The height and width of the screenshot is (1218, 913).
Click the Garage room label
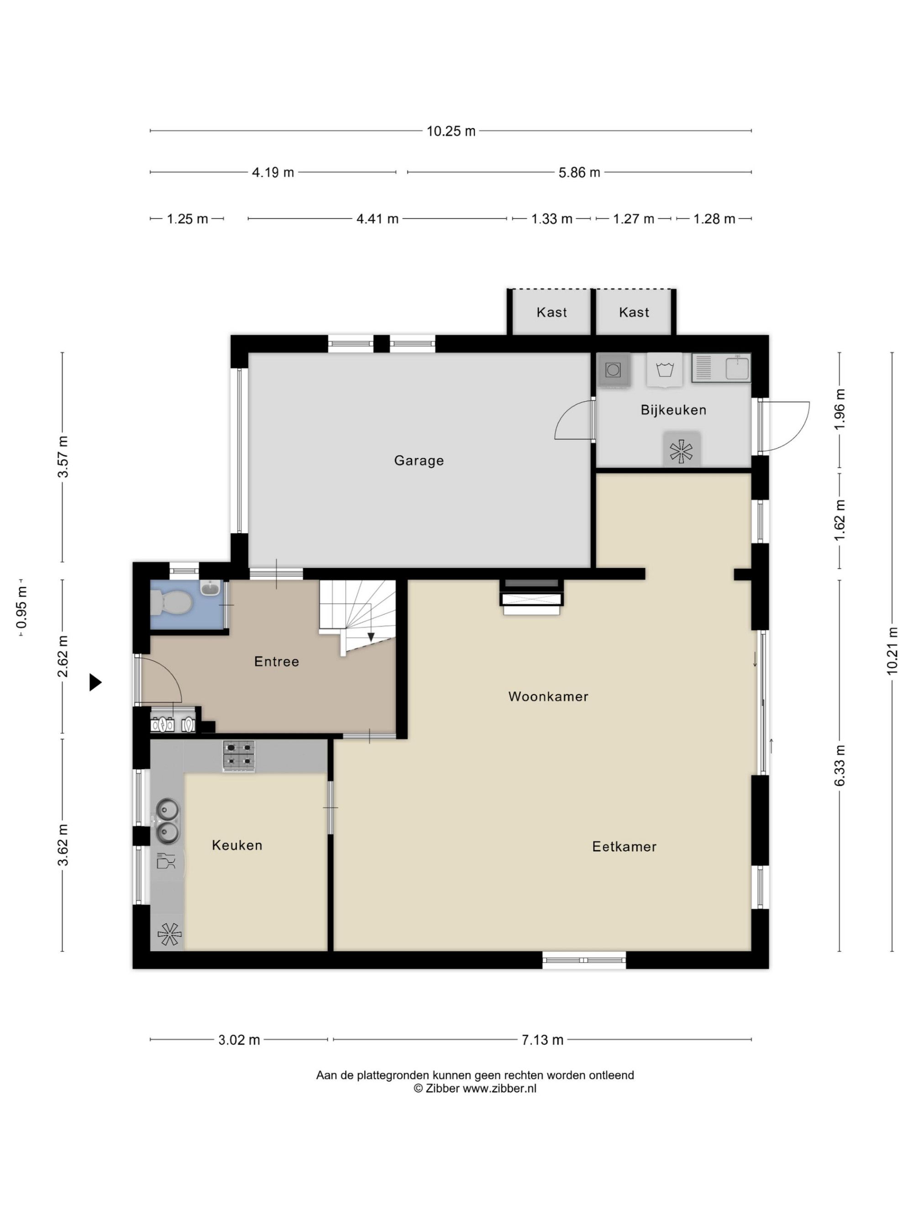[419, 460]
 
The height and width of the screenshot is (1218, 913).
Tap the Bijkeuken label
[673, 410]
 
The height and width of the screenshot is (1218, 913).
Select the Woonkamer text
[548, 696]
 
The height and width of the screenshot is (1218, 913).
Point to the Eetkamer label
[624, 846]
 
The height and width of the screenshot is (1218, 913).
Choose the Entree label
[276, 661]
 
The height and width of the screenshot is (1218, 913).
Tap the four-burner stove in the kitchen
[239, 755]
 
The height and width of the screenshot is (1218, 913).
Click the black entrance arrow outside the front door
[96, 683]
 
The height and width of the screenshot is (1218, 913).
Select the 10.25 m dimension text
[451, 131]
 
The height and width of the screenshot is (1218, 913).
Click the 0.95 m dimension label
[22, 607]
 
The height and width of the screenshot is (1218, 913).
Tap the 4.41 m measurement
[377, 219]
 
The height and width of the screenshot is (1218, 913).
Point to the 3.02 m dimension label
[239, 1039]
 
